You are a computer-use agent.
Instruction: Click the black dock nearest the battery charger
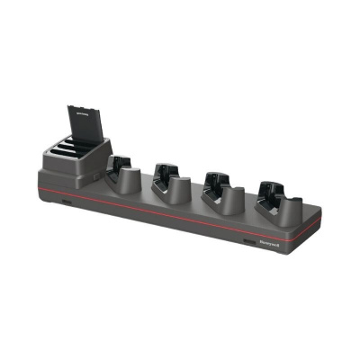[120, 170]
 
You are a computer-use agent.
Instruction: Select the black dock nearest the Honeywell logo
[269, 195]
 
